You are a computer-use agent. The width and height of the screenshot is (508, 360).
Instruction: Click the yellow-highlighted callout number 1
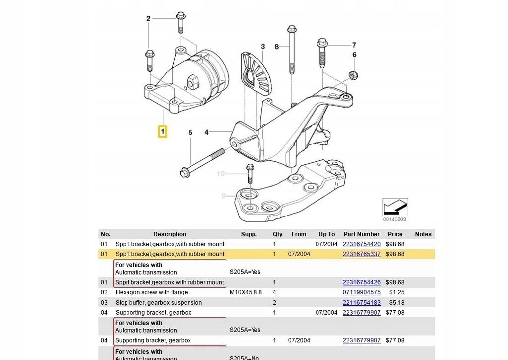162,132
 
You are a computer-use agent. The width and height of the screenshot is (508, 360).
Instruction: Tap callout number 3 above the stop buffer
263,46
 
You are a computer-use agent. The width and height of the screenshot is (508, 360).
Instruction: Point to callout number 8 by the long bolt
277,47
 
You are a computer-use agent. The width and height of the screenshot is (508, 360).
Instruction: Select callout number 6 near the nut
354,55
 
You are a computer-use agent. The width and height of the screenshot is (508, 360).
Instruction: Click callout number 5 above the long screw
190,132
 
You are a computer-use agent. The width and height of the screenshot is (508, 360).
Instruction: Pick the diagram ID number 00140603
394,219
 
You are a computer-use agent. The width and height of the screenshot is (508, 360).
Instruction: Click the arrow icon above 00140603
395,207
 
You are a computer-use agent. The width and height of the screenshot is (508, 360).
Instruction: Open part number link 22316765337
361,254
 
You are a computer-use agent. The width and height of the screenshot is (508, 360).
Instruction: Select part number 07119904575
361,292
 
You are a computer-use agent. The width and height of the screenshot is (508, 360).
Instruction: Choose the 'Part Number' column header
361,234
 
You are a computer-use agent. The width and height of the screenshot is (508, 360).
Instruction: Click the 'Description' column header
170,234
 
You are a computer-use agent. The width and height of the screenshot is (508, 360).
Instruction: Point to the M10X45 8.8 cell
246,292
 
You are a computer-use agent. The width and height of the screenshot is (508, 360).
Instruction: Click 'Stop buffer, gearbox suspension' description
159,302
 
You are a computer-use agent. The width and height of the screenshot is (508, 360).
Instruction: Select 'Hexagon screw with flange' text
151,292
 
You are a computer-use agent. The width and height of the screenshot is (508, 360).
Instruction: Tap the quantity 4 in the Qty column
274,292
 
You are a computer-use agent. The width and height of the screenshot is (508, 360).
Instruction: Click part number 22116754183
361,302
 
